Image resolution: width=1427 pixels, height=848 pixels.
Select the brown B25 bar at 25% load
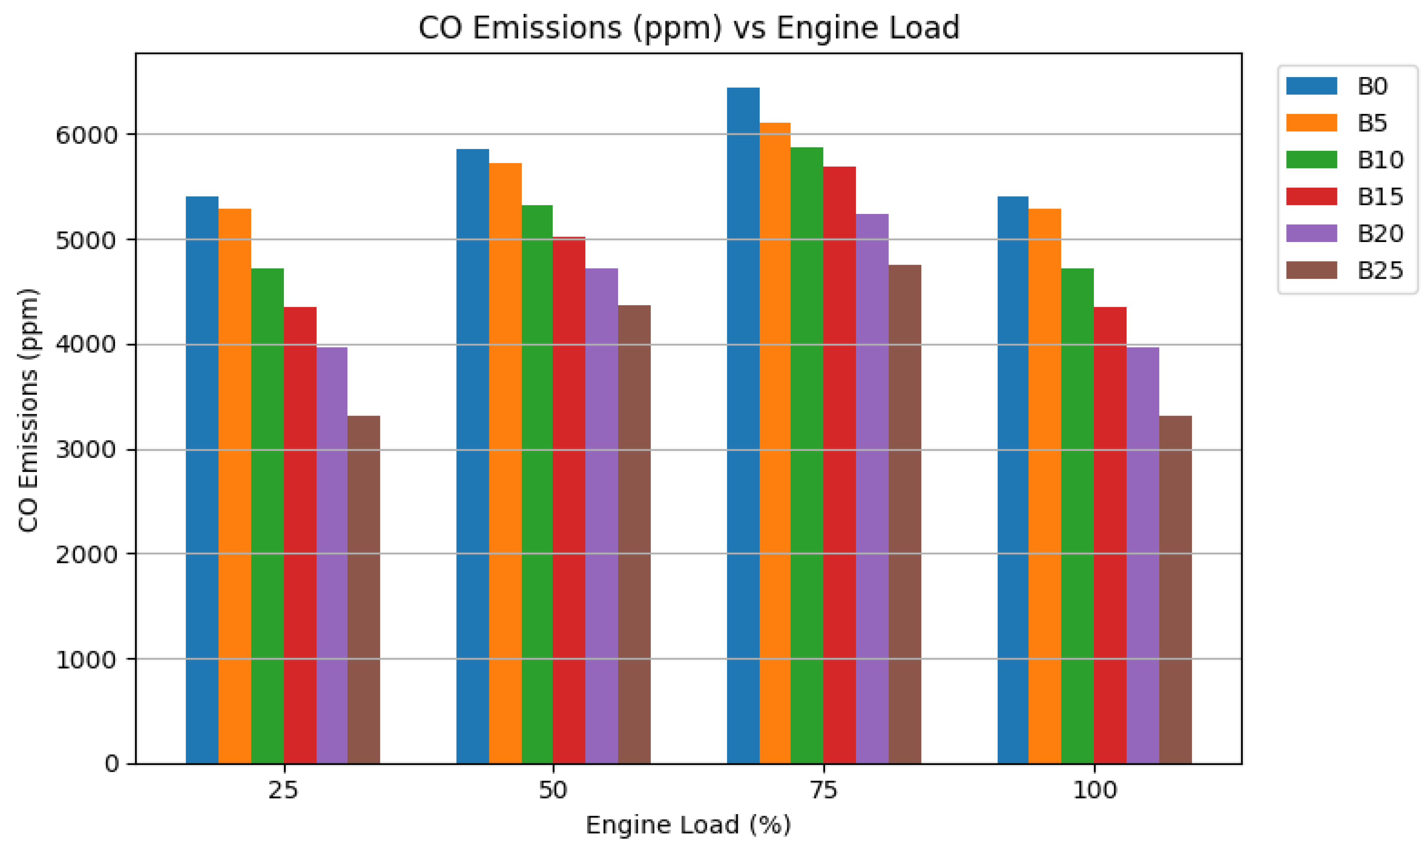(x=363, y=589)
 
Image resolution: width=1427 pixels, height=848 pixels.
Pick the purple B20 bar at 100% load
(x=1142, y=555)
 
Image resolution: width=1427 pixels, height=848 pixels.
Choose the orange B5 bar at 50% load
(x=505, y=463)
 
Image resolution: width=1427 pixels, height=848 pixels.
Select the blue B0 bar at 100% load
(x=1012, y=480)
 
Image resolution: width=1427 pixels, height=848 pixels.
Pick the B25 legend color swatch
(x=1311, y=270)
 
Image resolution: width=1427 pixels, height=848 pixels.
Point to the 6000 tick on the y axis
(x=86, y=135)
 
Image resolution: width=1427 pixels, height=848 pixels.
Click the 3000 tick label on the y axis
(x=86, y=450)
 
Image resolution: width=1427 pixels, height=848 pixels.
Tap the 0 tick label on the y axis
(x=112, y=764)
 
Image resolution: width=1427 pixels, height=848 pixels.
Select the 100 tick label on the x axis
(x=1094, y=791)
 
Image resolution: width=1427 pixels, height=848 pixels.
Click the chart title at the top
(x=688, y=27)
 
